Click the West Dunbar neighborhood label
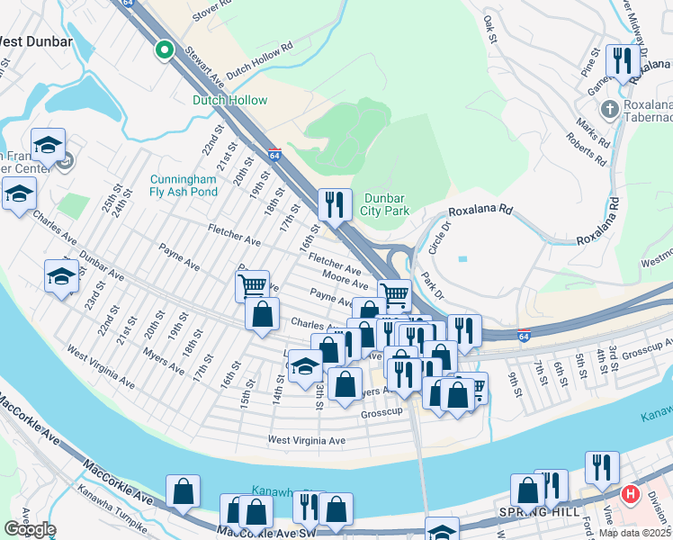point(36,40)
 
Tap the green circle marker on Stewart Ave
point(163,50)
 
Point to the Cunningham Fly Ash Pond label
point(184,185)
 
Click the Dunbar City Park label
point(387,204)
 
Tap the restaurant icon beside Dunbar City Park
point(335,204)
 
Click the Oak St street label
point(490,29)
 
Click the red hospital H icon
point(631,494)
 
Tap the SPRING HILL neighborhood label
point(531,511)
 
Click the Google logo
point(30,528)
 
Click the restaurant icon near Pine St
point(622,62)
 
